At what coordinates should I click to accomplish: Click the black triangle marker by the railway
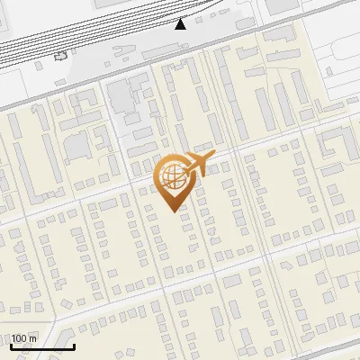[x=180, y=23]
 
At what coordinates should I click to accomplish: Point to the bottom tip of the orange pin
[x=171, y=212]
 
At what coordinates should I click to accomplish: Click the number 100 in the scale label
[x=18, y=338]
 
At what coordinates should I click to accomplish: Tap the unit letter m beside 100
[x=32, y=338]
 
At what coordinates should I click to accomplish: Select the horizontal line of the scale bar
[x=41, y=346]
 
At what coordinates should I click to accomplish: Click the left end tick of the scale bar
[x=11, y=344]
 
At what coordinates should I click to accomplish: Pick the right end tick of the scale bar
[x=73, y=344]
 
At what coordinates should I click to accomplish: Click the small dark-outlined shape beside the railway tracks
[x=61, y=55]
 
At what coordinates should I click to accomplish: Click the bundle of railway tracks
[x=90, y=36]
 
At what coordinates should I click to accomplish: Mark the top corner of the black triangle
[x=180, y=18]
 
